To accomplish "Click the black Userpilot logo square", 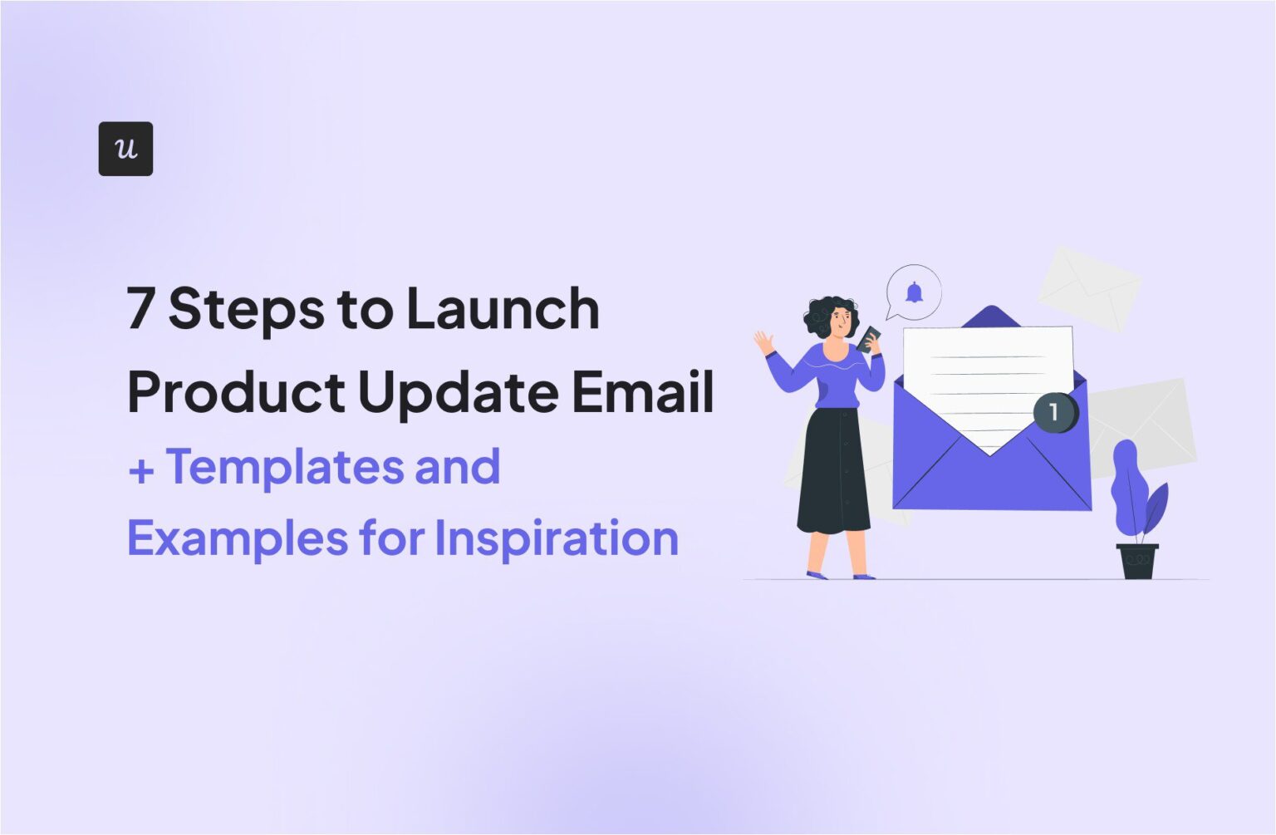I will [x=125, y=149].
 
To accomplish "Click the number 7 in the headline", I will [x=140, y=308].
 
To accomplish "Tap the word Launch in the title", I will [x=502, y=308].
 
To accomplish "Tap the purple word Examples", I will [x=237, y=539].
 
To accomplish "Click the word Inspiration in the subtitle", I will [x=556, y=539].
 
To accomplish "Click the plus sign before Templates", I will [x=141, y=470].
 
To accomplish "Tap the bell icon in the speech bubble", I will [x=914, y=292].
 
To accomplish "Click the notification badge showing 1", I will [x=1054, y=411].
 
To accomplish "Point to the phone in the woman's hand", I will [x=869, y=338].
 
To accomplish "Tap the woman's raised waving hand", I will [x=763, y=341].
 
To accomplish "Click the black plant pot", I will [x=1137, y=561].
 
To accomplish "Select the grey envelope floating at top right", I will [x=1088, y=287].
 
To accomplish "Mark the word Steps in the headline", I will [x=246, y=308].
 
